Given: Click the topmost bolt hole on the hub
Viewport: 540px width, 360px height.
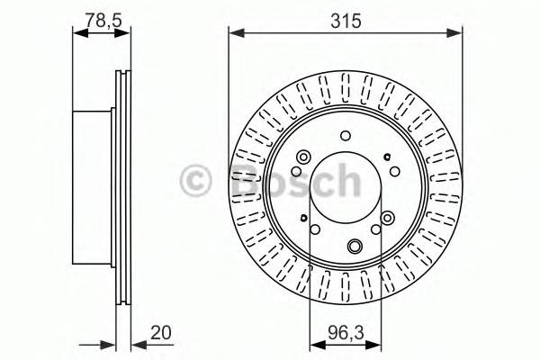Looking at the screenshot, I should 346,136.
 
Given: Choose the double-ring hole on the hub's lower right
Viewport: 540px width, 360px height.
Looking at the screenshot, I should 388,218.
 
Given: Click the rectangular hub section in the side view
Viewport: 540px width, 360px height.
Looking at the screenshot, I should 94,190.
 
